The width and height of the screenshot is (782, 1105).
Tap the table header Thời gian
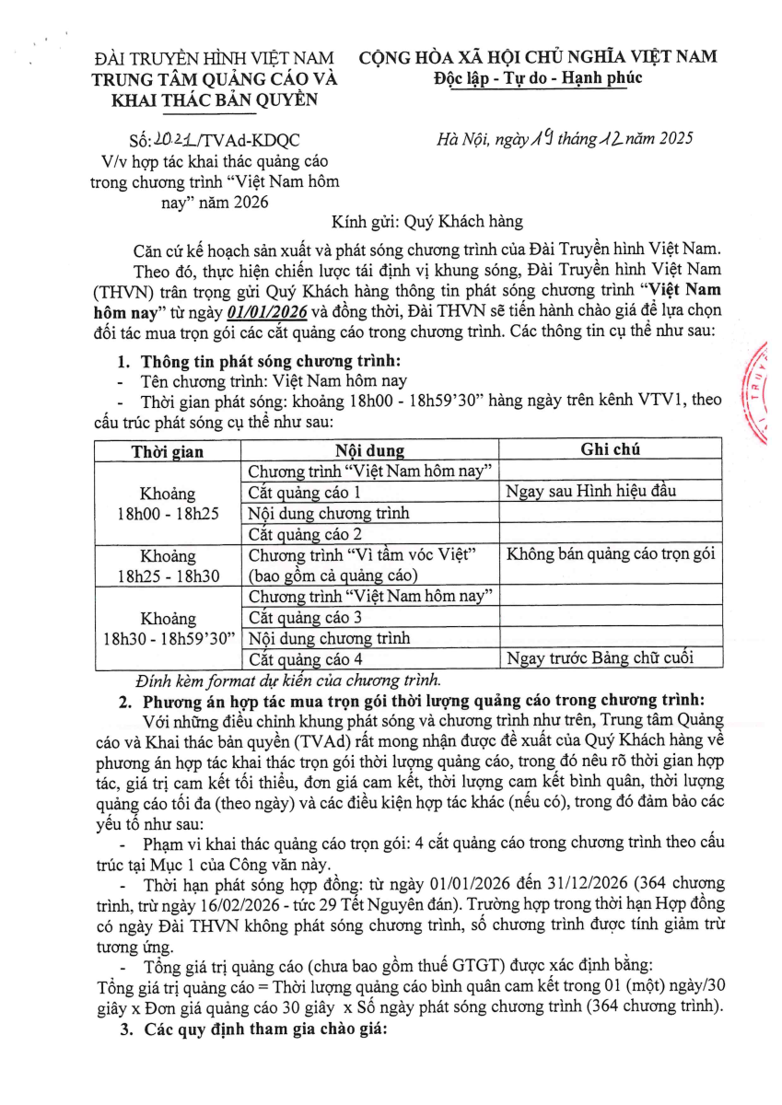pyautogui.click(x=167, y=451)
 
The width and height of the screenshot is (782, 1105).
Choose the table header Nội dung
pyautogui.click(x=369, y=451)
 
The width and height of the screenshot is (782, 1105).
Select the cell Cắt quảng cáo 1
pyautogui.click(x=305, y=493)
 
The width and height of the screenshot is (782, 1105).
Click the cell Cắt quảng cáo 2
pyautogui.click(x=305, y=534)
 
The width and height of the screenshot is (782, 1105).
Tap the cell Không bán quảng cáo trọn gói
pyautogui.click(x=611, y=554)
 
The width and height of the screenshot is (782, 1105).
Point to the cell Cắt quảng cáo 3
pyautogui.click(x=305, y=617)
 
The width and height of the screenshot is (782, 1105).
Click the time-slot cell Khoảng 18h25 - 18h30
pyautogui.click(x=167, y=565)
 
